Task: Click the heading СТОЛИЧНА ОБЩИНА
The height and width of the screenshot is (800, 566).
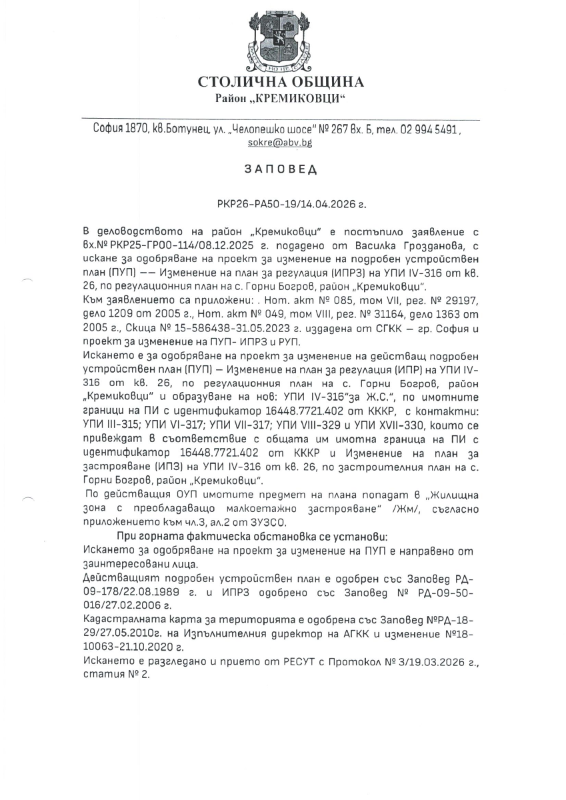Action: click(281, 82)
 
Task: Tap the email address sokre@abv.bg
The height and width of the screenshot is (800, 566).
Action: click(285, 143)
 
